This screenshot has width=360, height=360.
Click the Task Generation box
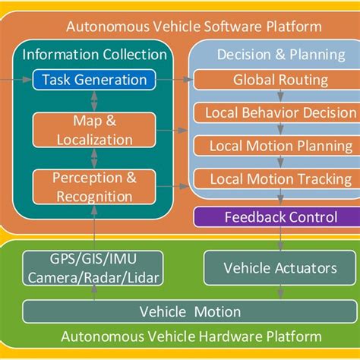click(x=94, y=79)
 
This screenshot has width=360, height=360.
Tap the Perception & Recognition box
click(x=93, y=187)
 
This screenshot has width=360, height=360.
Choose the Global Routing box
click(x=270, y=79)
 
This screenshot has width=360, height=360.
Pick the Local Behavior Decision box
click(x=270, y=112)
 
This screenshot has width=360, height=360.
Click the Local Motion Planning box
click(x=270, y=146)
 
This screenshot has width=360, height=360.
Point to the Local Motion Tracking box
click(x=270, y=179)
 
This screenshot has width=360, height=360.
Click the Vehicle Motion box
click(x=190, y=311)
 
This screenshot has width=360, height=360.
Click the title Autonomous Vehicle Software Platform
click(x=194, y=27)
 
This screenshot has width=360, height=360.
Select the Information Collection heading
click(x=94, y=54)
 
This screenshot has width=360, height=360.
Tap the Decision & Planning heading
click(x=272, y=54)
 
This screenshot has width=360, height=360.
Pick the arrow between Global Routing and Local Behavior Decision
click(x=280, y=96)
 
